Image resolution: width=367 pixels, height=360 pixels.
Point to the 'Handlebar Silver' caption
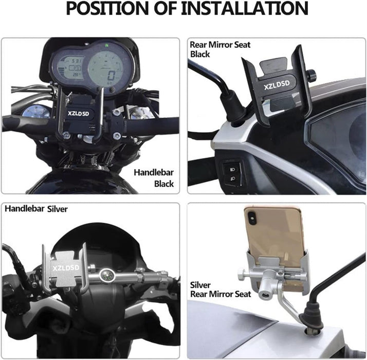(36, 209)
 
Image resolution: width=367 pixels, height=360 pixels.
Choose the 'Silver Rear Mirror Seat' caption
(220, 290)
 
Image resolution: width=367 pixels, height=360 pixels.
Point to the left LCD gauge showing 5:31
(68, 68)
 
